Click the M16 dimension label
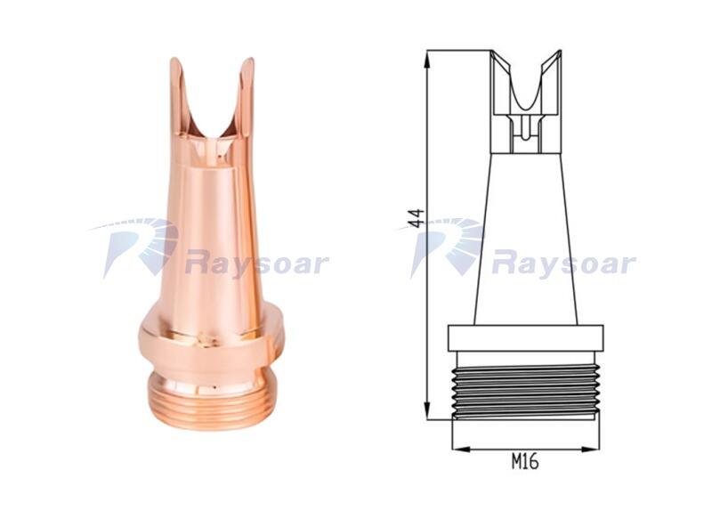pos(525,462)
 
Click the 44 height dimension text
pos(416,217)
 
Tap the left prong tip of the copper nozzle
pos(174,60)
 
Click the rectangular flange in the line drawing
pos(526,338)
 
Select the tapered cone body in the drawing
pos(526,239)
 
